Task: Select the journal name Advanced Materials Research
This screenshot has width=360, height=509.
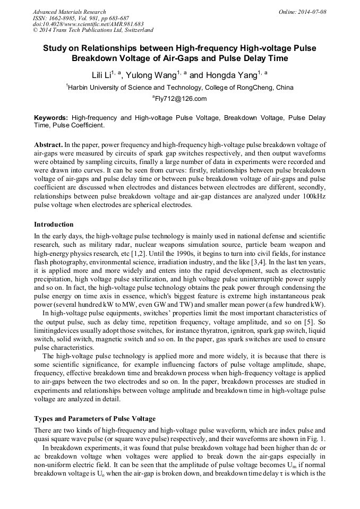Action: pyautogui.click(x=69, y=12)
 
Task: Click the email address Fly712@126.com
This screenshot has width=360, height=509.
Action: pyautogui.click(x=181, y=99)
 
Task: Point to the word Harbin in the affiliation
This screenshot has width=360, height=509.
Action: pyautogui.click(x=80, y=88)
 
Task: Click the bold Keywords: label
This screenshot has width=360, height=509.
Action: pyautogui.click(x=51, y=117)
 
